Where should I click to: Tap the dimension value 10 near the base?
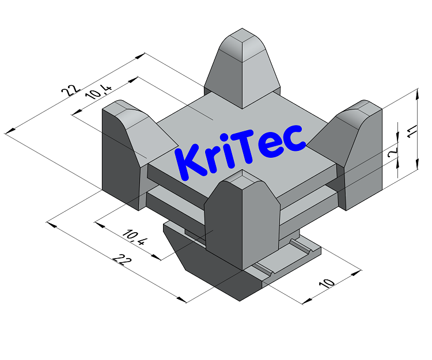[x=327, y=283]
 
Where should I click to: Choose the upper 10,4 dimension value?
[x=98, y=93]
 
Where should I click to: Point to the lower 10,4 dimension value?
[x=134, y=237]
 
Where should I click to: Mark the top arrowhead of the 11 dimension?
[x=416, y=92]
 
